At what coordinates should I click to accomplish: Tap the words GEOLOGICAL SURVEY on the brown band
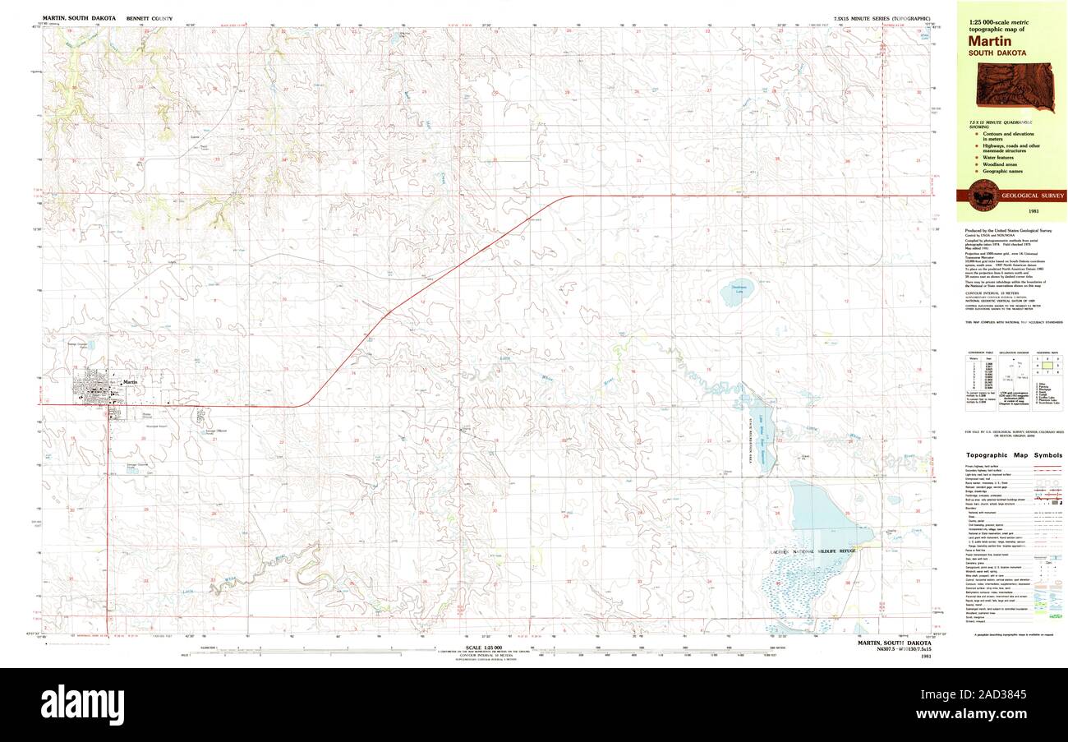(x=1032, y=196)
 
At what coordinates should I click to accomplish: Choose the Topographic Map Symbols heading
(x=1014, y=455)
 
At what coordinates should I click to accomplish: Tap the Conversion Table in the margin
(x=976, y=375)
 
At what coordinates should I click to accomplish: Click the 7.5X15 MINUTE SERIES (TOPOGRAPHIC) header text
(x=881, y=17)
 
